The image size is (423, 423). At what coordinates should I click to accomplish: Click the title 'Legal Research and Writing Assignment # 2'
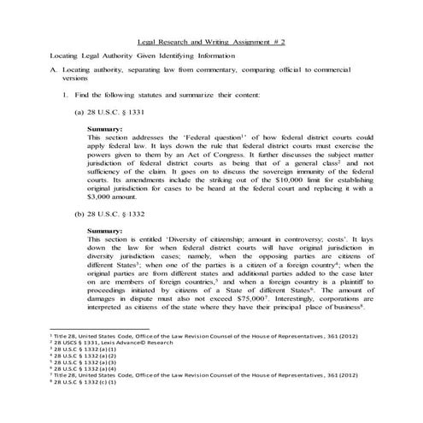point(211,41)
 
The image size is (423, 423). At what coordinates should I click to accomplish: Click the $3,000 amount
point(103,196)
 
